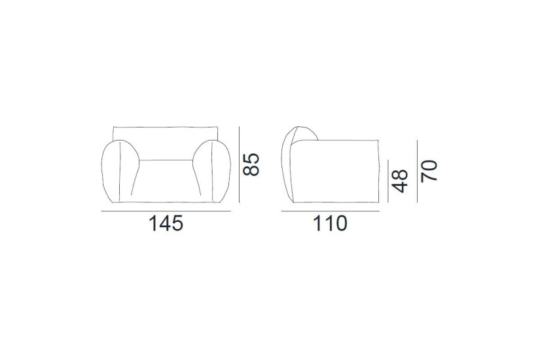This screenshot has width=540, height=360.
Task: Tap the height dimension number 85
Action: pyautogui.click(x=252, y=164)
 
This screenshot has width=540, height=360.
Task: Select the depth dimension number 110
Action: pyautogui.click(x=329, y=225)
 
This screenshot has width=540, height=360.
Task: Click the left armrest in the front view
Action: pyautogui.click(x=120, y=171)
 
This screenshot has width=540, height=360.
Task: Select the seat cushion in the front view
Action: pyautogui.click(x=165, y=180)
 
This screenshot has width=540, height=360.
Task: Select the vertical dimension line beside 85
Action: pyautogui.click(x=240, y=164)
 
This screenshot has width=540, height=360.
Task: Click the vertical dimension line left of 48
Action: pyautogui.click(x=388, y=180)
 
